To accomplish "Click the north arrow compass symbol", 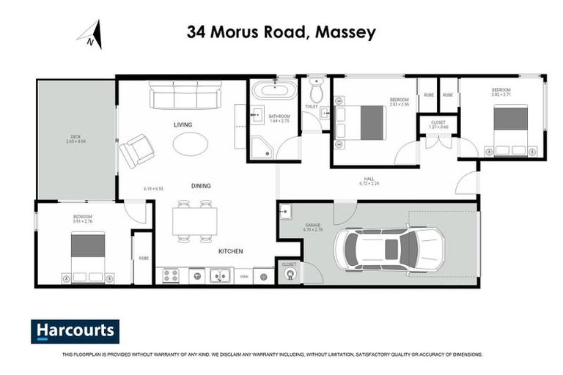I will (91, 34).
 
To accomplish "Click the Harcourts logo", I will (75, 331).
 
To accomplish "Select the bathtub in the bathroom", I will (274, 92).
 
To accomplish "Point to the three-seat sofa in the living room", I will (187, 95).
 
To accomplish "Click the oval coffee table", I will (190, 143).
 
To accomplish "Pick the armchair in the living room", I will (136, 151).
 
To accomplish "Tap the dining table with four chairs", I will (194, 220).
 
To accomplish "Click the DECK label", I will (76, 136).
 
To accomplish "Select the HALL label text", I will (372, 179).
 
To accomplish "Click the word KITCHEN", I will (230, 252).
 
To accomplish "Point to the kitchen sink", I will (218, 276).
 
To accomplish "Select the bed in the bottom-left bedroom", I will (87, 256).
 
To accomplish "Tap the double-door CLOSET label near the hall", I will (438, 124).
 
